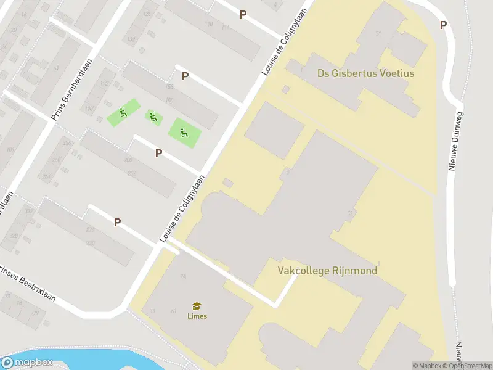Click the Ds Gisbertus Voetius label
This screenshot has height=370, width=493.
[x=365, y=73]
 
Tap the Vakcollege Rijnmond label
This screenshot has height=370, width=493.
[x=327, y=270]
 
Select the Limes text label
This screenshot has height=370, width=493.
[x=197, y=316]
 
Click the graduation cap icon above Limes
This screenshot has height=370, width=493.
[x=197, y=306]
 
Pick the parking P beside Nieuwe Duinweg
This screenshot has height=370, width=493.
[x=443, y=25]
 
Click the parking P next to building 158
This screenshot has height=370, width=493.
[x=184, y=76]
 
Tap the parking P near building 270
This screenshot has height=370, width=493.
[x=117, y=222]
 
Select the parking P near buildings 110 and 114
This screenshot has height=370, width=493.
[x=243, y=14]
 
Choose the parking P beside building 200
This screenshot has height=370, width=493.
[x=158, y=153]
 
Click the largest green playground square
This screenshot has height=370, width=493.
[x=185, y=131]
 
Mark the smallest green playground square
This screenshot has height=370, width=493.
[x=153, y=117]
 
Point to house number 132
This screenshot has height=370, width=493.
[x=131, y=39]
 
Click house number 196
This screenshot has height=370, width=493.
[x=89, y=110]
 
